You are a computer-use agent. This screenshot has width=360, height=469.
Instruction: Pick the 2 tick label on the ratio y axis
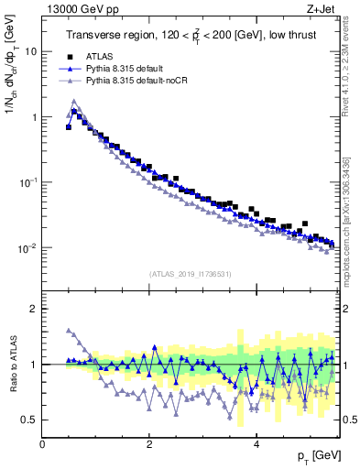pos(35,309)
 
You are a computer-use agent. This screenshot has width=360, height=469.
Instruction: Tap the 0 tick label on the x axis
pos(42,444)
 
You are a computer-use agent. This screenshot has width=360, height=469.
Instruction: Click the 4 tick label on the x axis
pos(256,444)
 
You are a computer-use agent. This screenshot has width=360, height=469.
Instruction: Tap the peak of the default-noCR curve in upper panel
pos(74,101)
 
